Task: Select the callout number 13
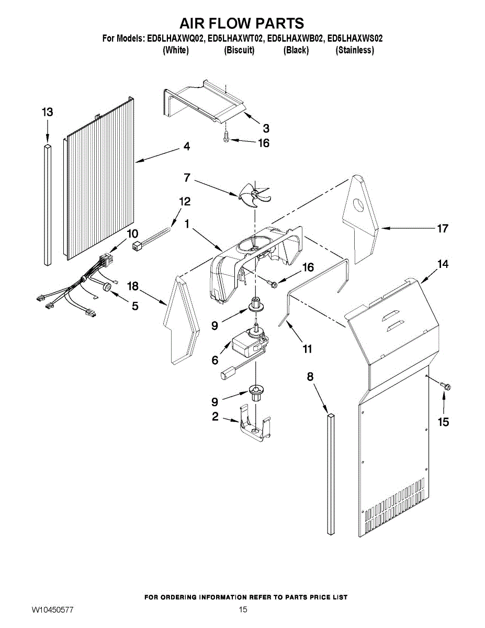pyautogui.click(x=48, y=112)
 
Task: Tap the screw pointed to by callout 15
pyautogui.click(x=445, y=386)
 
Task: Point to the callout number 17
pyautogui.click(x=442, y=229)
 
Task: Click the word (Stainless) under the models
pyautogui.click(x=354, y=50)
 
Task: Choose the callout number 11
pyautogui.click(x=307, y=349)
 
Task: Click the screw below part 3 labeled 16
pyautogui.click(x=226, y=137)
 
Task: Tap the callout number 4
pyautogui.click(x=187, y=146)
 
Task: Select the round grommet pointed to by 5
pyautogui.click(x=108, y=287)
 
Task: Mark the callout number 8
pyautogui.click(x=310, y=377)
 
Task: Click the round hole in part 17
pyautogui.click(x=358, y=206)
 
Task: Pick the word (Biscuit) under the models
pyautogui.click(x=239, y=50)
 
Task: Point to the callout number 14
pyautogui.click(x=442, y=264)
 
